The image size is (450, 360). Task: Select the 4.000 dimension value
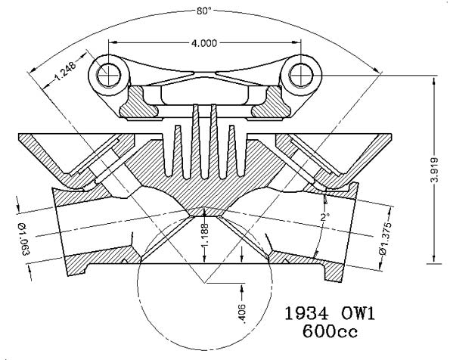(x=205, y=43)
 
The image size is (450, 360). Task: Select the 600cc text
(x=340, y=331)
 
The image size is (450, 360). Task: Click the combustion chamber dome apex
(x=205, y=206)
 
